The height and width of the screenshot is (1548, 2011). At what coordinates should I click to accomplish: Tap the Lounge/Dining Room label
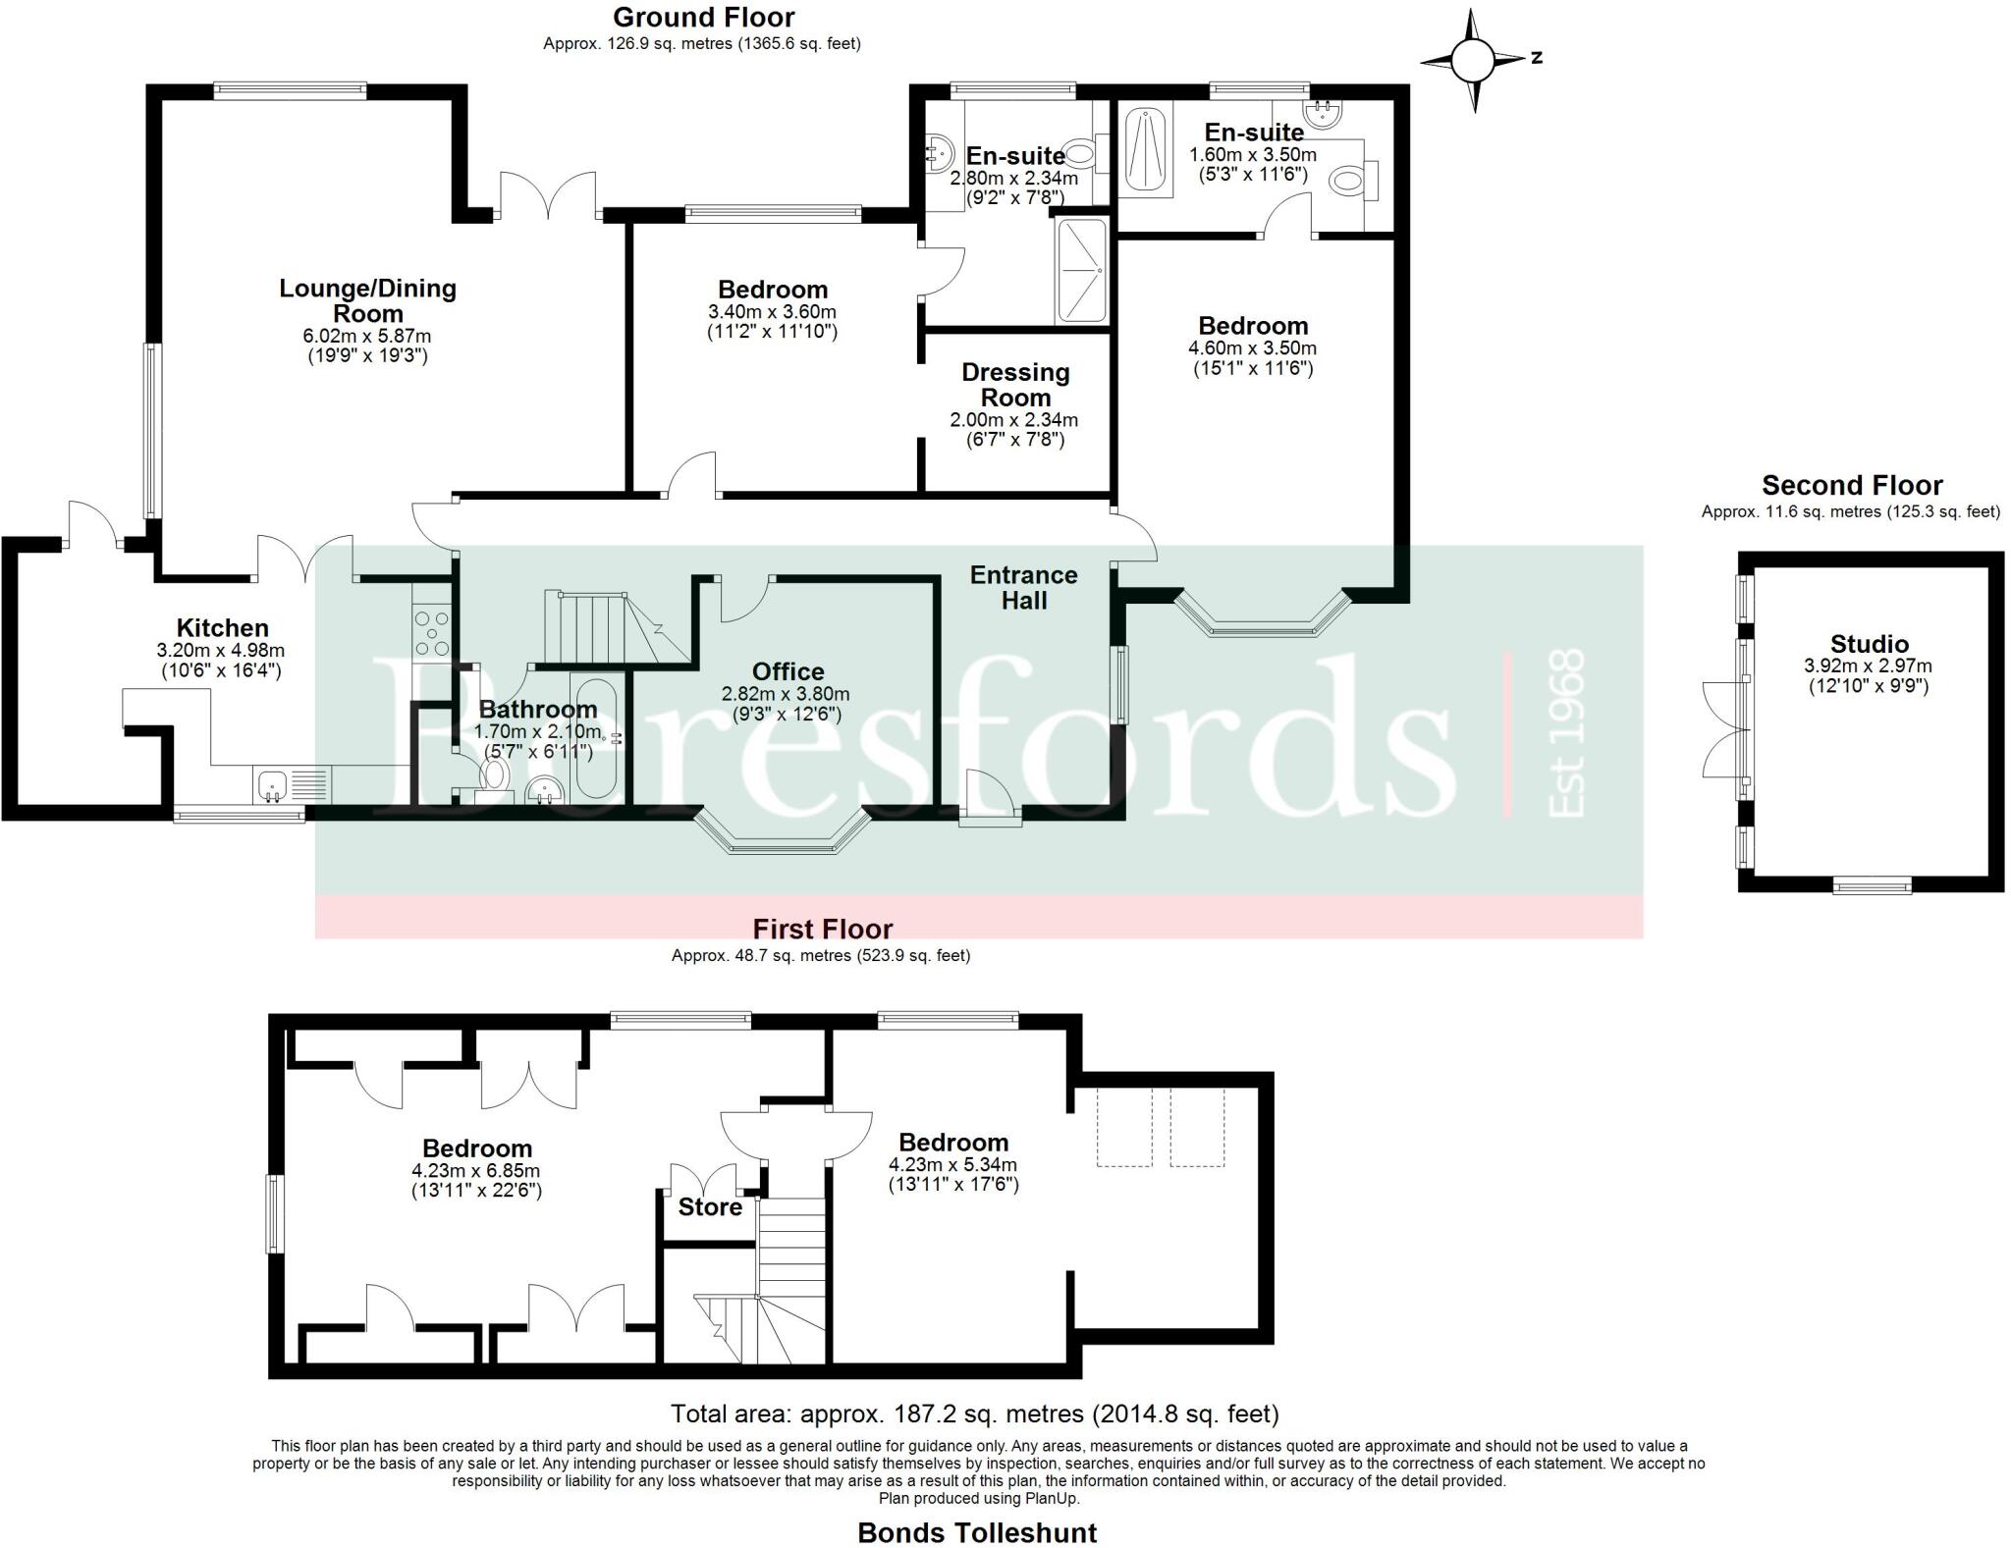[367, 300]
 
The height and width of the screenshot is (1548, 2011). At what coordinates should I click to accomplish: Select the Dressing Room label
[1015, 385]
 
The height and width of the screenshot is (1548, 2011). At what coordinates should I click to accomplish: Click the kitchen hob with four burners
[432, 633]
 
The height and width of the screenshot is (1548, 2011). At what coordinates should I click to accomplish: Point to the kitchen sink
[271, 785]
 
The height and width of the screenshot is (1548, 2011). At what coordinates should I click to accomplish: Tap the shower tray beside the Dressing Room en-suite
[1081, 271]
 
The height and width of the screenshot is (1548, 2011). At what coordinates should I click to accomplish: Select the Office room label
[788, 671]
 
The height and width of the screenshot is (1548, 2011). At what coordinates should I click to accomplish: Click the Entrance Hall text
[1024, 587]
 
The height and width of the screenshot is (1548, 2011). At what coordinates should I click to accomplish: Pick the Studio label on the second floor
[1869, 644]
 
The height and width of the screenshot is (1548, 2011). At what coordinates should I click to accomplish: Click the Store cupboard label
[710, 1206]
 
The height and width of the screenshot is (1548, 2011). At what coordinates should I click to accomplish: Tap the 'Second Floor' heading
[1851, 485]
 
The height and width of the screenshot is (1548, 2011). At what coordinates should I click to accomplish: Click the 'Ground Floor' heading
[703, 17]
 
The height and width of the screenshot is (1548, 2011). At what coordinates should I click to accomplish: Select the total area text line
[974, 1414]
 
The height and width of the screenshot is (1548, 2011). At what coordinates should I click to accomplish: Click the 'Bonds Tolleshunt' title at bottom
[977, 1532]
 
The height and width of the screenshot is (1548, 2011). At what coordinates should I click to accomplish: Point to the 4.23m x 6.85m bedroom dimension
[476, 1171]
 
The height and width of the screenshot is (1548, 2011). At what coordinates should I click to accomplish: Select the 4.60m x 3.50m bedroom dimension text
[1253, 347]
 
